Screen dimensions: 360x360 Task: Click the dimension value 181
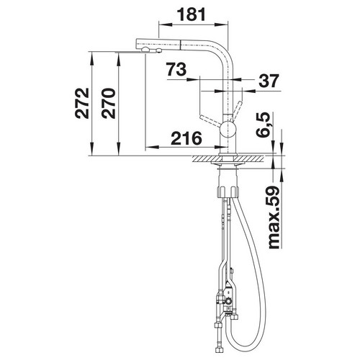(192, 14)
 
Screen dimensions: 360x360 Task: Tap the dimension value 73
(176, 69)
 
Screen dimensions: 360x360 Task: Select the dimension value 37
(269, 81)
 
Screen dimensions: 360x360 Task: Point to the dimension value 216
(186, 138)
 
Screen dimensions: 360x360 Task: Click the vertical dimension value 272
(82, 103)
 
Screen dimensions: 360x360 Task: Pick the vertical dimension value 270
(108, 104)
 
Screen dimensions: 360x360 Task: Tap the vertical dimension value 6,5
(263, 125)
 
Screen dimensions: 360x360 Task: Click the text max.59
(274, 217)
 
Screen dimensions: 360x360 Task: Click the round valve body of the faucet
(228, 129)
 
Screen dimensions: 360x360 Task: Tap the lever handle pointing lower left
(210, 121)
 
